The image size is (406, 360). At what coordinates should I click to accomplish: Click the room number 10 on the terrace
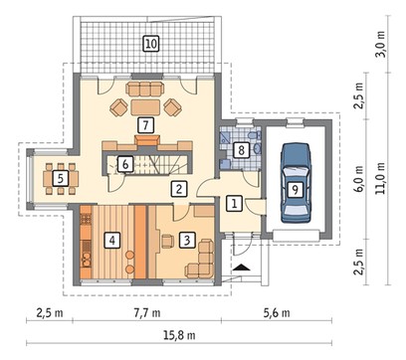coord(151,44)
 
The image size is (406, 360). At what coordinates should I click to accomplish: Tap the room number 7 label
coord(145,125)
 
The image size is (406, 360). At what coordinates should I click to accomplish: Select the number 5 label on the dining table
coord(60,178)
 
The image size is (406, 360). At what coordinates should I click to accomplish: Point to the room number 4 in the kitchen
coord(112,240)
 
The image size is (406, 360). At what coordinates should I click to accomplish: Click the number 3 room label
coord(187,240)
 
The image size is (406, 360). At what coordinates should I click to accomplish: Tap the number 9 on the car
coord(295,190)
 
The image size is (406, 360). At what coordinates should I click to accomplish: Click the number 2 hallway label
coord(179,189)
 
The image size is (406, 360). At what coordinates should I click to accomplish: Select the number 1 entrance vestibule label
coord(234,203)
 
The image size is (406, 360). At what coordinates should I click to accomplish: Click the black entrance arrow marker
coord(242,268)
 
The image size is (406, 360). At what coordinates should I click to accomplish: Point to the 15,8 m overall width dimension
coord(179,335)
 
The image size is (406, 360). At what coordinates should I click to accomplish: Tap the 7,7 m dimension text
coord(146,312)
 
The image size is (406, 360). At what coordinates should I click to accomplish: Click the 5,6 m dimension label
coord(277,312)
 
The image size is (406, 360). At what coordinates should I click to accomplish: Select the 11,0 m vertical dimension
coord(381,178)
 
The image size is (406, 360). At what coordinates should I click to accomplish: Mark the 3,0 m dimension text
coord(381,45)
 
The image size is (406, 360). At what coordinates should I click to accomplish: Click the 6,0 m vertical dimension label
coord(358,178)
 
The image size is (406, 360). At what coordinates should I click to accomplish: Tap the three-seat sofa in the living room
coord(145,89)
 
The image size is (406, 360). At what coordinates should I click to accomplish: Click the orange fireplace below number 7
coord(147,140)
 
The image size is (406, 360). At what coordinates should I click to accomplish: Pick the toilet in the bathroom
coord(253,136)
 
